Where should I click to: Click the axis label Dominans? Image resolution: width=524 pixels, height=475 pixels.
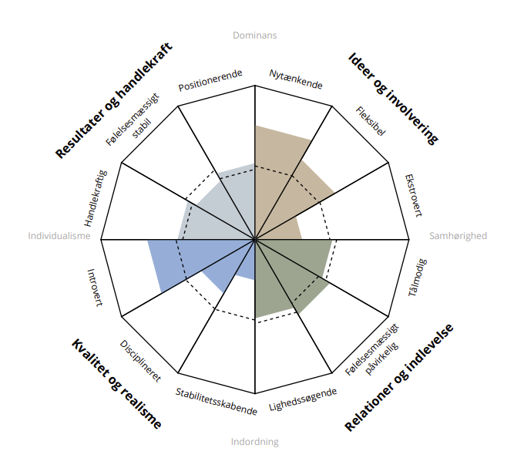pyautogui.click(x=254, y=35)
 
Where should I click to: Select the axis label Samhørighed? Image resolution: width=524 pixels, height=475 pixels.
pyautogui.click(x=458, y=236)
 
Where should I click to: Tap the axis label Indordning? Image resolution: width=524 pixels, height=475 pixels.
pyautogui.click(x=254, y=442)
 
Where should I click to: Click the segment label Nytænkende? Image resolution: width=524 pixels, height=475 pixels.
pyautogui.click(x=296, y=79)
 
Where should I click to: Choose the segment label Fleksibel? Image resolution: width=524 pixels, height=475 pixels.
pyautogui.click(x=371, y=122)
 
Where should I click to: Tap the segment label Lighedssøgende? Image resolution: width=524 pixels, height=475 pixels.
pyautogui.click(x=302, y=400)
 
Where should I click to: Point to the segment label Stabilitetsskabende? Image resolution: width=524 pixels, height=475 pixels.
pyautogui.click(x=217, y=401)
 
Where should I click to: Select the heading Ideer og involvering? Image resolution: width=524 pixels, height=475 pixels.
pyautogui.click(x=393, y=98)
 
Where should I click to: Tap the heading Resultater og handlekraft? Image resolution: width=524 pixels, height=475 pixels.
pyautogui.click(x=113, y=100)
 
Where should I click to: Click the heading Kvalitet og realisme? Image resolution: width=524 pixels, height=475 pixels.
pyautogui.click(x=116, y=383)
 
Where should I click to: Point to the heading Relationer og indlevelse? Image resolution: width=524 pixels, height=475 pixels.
pyautogui.click(x=398, y=376)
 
